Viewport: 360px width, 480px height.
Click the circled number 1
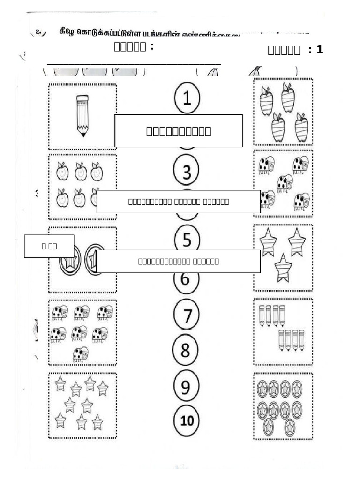(x=187, y=99)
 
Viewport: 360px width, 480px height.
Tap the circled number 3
(x=187, y=172)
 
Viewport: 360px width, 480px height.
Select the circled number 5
(x=187, y=240)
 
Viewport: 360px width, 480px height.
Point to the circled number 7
(x=187, y=315)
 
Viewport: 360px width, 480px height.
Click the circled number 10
(x=187, y=420)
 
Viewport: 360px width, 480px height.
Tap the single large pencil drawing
(x=82, y=115)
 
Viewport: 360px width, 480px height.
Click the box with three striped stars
(x=283, y=257)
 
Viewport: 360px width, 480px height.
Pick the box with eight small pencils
(x=283, y=331)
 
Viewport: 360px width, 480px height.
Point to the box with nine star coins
(x=283, y=406)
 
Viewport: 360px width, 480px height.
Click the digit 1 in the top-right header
(x=320, y=49)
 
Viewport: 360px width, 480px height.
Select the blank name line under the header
(x=134, y=63)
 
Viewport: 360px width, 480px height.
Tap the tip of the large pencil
(x=83, y=135)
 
